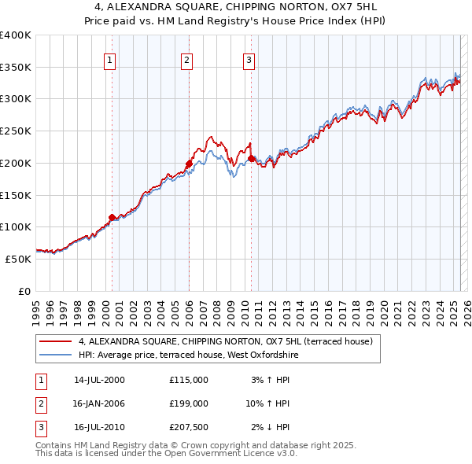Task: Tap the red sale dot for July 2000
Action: pyautogui.click(x=112, y=216)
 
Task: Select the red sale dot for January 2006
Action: pyautogui.click(x=189, y=164)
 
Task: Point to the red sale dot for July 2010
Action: pyautogui.click(x=251, y=158)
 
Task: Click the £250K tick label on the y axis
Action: pyautogui.click(x=16, y=131)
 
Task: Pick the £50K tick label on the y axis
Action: pyautogui.click(x=19, y=258)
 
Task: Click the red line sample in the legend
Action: pyautogui.click(x=56, y=341)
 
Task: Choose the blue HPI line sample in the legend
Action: pyautogui.click(x=56, y=355)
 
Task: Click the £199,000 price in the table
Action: pyautogui.click(x=189, y=403)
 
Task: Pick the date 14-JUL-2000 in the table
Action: pyautogui.click(x=99, y=380)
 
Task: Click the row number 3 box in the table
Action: pyautogui.click(x=41, y=427)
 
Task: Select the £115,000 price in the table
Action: pyautogui.click(x=189, y=380)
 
